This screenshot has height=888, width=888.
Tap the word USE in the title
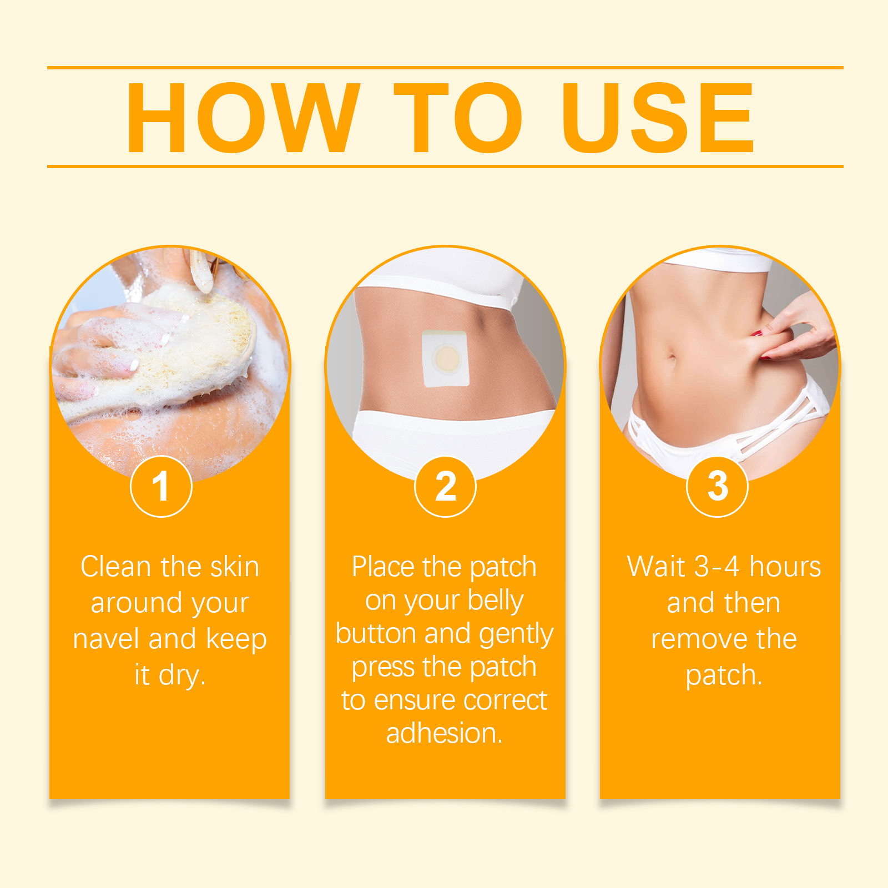click(x=658, y=117)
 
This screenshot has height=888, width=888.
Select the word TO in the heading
click(x=458, y=117)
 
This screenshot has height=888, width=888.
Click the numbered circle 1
click(x=161, y=486)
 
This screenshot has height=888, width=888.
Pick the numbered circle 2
click(x=445, y=486)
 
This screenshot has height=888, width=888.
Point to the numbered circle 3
click(x=717, y=486)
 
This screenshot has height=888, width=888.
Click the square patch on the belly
click(x=446, y=358)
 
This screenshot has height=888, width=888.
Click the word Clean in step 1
click(x=116, y=567)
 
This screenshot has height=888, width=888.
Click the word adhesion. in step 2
click(x=445, y=733)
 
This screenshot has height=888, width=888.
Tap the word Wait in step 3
click(x=656, y=567)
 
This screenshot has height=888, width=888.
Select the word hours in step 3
click(x=785, y=567)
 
